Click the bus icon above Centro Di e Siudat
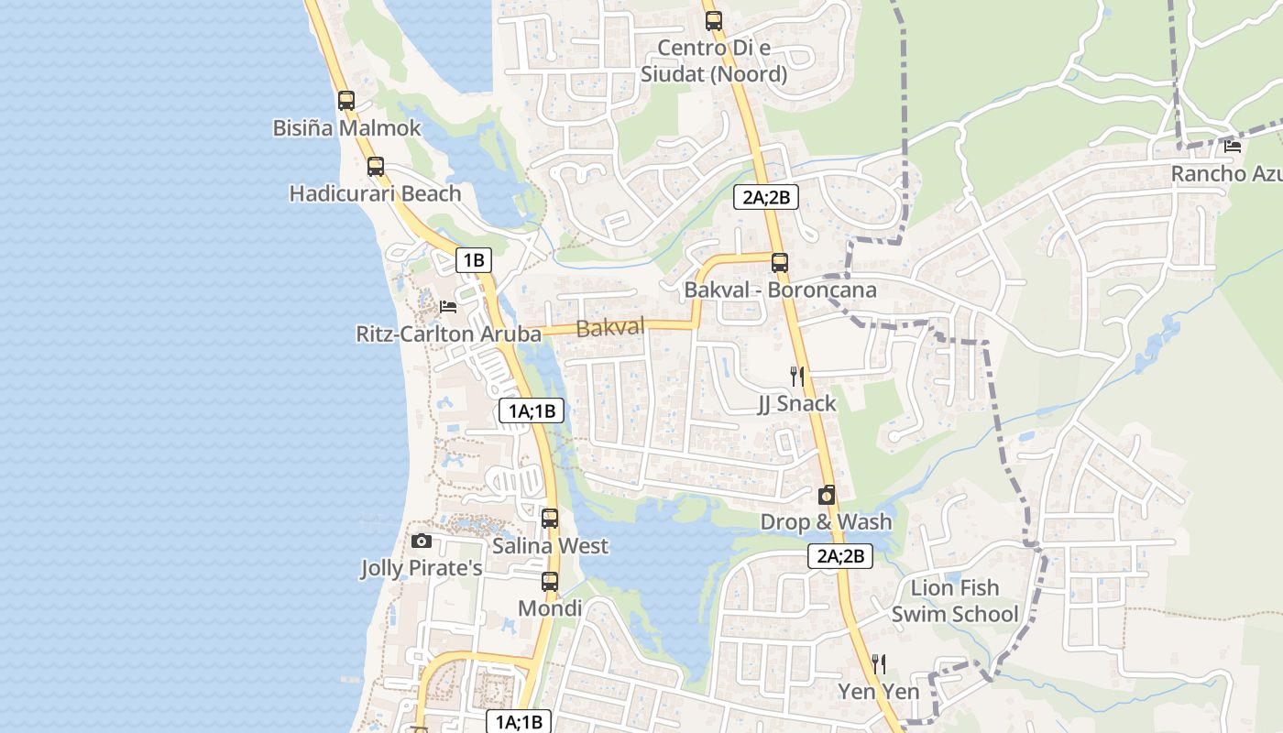(x=713, y=20)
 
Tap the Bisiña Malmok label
(x=346, y=128)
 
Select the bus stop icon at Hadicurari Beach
(x=375, y=167)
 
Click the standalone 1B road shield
(x=473, y=260)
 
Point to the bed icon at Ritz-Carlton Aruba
(x=447, y=306)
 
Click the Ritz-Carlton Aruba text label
(x=448, y=334)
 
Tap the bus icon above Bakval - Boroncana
(x=779, y=262)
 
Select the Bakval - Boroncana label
(x=780, y=290)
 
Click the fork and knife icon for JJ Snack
(x=797, y=376)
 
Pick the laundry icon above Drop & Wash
(x=826, y=496)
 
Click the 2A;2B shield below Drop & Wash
(x=839, y=555)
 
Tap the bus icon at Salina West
(x=549, y=519)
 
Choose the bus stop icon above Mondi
(x=549, y=582)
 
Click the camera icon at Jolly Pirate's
(x=421, y=542)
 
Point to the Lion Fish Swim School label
(x=955, y=601)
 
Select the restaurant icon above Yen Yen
(x=878, y=662)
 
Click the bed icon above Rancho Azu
(x=1233, y=145)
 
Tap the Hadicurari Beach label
(x=375, y=194)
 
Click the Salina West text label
(x=550, y=546)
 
